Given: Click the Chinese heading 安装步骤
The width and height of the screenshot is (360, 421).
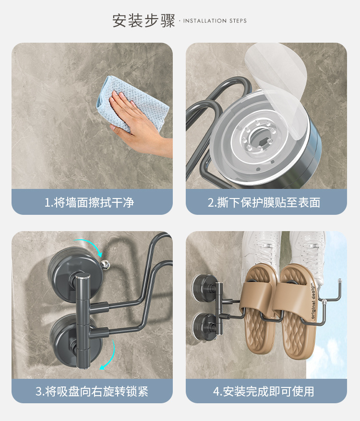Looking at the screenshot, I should pos(143,21).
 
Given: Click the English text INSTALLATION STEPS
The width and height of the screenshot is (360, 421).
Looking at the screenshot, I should pos(215,21).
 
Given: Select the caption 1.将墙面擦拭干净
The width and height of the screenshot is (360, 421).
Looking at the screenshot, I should pos(89,202).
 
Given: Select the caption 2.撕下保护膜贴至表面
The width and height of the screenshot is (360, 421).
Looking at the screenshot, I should pos(264,202).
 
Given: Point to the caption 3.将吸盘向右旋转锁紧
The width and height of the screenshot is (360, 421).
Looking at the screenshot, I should pos(92,391).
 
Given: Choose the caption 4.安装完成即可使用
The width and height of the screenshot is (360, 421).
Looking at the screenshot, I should pos(264,391).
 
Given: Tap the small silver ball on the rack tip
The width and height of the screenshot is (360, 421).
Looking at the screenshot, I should pos(104,262).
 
